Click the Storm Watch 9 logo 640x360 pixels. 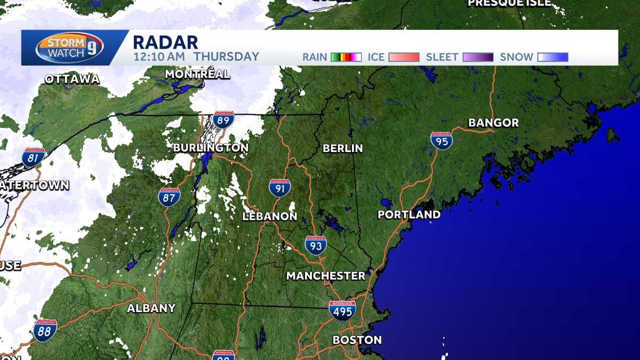pos(70,48)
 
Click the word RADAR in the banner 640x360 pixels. pos(165,42)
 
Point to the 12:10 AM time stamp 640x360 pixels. pos(159,57)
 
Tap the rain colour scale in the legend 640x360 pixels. pos(346,57)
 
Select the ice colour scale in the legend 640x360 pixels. pos(404,57)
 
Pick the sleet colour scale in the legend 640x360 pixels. pos(478,57)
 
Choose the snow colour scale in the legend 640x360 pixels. pos(553,57)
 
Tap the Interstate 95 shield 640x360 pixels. pos(442,141)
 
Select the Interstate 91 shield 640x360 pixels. pos(279,188)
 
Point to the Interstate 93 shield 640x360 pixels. pos(316,245)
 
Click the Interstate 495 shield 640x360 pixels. pos(342,310)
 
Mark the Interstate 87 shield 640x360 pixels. pos(169,197)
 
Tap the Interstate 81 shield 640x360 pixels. pos(33,157)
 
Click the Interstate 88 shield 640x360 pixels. pos(45,330)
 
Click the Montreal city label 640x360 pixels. pos(197,74)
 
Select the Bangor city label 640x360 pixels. pos(493,123)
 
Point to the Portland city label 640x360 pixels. pos(409,214)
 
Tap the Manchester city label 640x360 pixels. pos(325,276)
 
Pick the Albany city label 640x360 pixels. pos(151,308)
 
